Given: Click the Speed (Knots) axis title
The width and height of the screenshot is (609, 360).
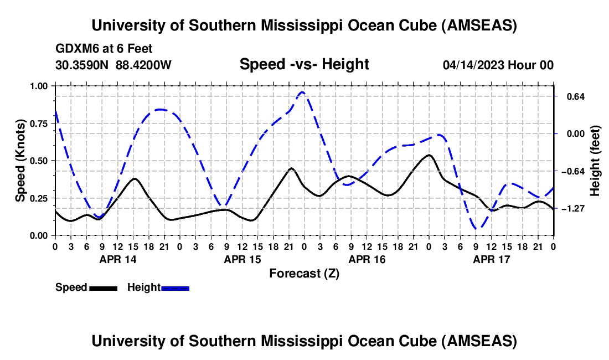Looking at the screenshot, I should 20,161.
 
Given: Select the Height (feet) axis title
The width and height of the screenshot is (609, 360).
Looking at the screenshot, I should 595,161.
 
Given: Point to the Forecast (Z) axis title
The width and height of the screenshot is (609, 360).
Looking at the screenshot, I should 304,273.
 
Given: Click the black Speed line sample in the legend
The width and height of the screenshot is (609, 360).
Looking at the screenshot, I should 103,287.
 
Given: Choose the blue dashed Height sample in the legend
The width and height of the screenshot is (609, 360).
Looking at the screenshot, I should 176,287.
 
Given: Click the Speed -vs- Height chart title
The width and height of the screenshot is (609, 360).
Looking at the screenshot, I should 304,64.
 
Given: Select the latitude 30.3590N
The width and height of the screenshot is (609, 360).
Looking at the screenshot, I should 83,65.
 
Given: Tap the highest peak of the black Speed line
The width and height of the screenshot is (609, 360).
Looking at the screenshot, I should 429,155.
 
